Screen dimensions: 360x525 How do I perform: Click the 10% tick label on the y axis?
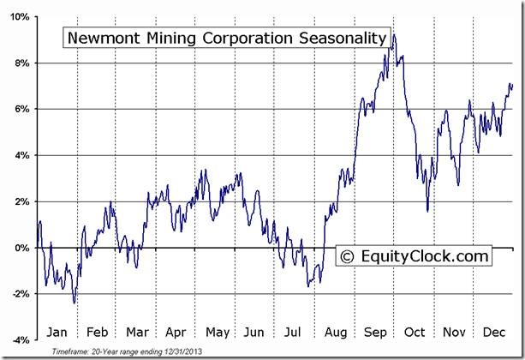[x=20, y=16]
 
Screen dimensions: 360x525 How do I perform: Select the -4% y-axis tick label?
[x=20, y=340]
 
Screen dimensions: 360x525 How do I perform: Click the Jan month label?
[x=56, y=331]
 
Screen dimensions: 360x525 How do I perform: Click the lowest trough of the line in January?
[x=75, y=303]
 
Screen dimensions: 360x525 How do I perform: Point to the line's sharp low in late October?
[x=427, y=211]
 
